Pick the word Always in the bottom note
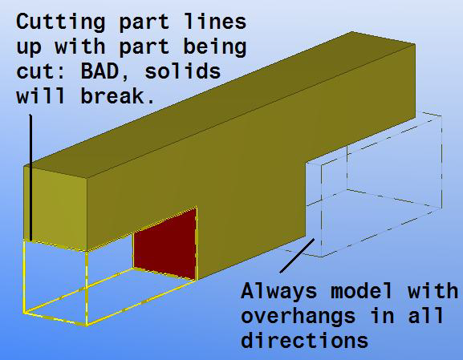tap(275, 289)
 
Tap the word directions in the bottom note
tap(304, 342)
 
